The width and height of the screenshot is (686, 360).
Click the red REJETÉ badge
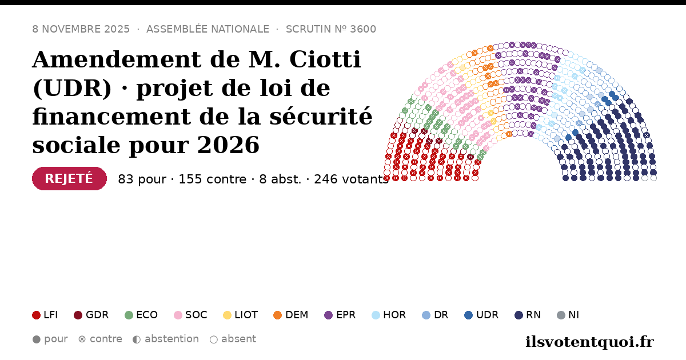[x=69, y=178]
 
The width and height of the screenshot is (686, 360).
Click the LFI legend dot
[x=36, y=315]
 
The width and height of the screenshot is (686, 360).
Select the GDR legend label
[x=97, y=315]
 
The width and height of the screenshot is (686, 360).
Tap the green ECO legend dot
[x=129, y=315]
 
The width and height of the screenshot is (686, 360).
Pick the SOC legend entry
[x=190, y=315]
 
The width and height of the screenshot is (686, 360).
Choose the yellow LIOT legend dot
[x=227, y=315]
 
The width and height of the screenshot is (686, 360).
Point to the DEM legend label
[x=297, y=315]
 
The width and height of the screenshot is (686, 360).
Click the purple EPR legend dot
[x=328, y=315]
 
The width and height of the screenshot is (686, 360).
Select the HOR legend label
[x=394, y=315]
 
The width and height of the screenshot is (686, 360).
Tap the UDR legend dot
[x=469, y=315]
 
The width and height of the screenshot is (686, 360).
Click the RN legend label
[x=533, y=315]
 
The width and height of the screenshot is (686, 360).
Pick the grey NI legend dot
[x=561, y=315]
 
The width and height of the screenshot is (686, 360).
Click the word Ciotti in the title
[x=325, y=59]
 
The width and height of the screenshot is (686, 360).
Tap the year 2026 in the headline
[x=229, y=145]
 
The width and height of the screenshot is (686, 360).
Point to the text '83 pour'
[x=142, y=179]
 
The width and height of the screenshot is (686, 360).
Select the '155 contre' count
[x=212, y=179]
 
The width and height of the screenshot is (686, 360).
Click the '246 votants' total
[x=351, y=179]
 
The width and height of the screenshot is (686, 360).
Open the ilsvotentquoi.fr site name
[x=589, y=342]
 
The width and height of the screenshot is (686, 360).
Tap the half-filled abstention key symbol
[x=137, y=339]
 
